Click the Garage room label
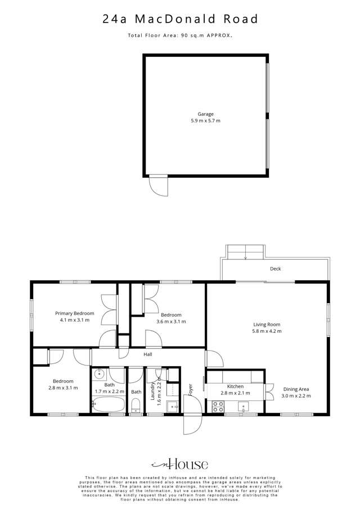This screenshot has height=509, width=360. [205, 114]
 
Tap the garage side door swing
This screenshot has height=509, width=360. [159, 186]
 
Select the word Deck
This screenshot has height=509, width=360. [275, 269]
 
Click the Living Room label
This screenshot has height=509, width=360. [266, 325]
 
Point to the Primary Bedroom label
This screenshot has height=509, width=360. [74, 313]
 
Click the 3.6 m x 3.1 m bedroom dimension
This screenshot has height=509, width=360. [170, 322]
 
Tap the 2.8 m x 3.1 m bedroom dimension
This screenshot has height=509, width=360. [62, 388]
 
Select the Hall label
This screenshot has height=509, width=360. [148, 354]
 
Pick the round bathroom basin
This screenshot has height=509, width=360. [100, 373]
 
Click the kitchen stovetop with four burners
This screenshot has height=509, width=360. [217, 407]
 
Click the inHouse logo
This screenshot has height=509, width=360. [179, 464]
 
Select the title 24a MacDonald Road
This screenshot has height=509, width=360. [180, 19]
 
